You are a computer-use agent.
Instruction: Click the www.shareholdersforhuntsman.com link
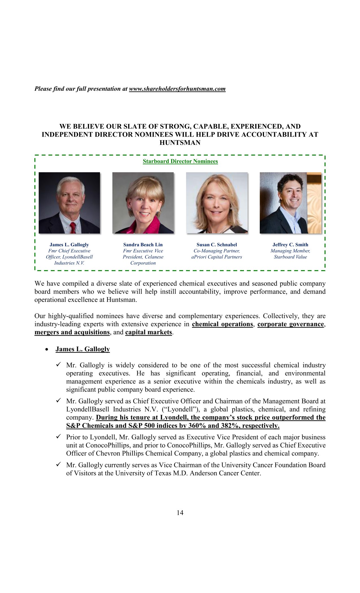177,89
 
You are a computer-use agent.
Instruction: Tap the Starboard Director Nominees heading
180,161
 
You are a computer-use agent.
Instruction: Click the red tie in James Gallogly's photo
73,228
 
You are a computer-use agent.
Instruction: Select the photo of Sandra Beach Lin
143,203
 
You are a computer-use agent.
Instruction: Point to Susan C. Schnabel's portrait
217,203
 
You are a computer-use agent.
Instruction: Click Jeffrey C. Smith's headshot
290,203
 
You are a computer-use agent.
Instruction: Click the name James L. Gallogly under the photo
69,245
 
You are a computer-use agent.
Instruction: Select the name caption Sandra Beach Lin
143,245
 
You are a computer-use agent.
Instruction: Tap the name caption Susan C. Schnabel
217,245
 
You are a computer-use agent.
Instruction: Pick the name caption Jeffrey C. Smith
290,245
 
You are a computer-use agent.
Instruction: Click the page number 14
180,513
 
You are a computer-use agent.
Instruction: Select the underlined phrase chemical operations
222,324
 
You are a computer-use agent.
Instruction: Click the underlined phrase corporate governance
291,324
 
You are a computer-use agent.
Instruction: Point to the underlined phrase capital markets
149,332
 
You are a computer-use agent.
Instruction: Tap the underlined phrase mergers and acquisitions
72,332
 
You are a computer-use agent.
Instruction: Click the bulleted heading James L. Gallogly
82,349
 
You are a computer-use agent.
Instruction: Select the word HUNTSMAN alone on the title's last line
180,143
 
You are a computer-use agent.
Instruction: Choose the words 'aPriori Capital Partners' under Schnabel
217,257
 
